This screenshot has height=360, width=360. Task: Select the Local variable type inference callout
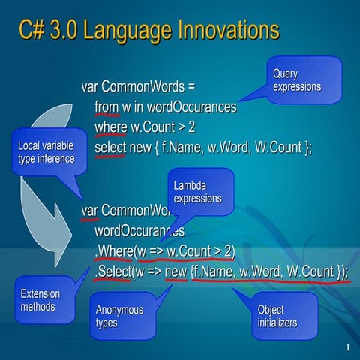point(46,152)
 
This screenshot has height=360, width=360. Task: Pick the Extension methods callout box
point(45,300)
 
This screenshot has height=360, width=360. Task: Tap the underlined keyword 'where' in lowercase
point(110,127)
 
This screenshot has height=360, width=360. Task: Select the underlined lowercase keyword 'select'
point(110,148)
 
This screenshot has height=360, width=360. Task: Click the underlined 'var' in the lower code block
point(90,209)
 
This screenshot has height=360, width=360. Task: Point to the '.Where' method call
point(112,250)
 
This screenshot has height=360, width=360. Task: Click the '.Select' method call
point(112,271)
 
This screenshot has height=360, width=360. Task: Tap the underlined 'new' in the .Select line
point(175,271)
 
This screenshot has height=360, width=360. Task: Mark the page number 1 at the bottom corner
point(349,347)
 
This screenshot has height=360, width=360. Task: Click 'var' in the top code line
point(90,86)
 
